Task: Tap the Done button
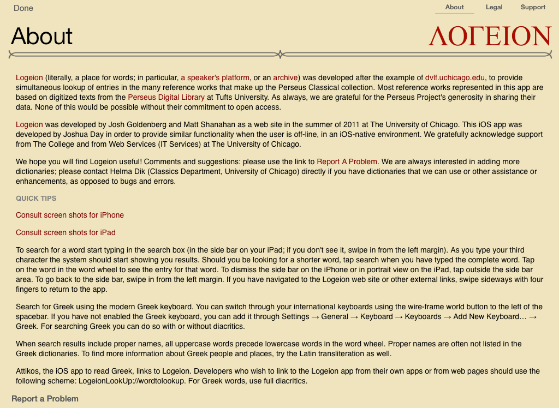click(23, 8)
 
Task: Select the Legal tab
click(494, 7)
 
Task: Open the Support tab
click(533, 7)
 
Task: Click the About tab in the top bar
click(454, 7)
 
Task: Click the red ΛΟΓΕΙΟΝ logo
click(490, 36)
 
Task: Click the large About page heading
click(42, 37)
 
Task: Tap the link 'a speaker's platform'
click(215, 77)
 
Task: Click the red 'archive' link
click(286, 77)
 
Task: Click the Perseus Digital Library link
click(166, 97)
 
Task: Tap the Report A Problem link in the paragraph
click(347, 161)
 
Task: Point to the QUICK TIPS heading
click(36, 198)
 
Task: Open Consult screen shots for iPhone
click(70, 215)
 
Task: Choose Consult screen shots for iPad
click(66, 232)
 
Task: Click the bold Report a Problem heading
click(45, 399)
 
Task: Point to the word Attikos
click(29, 371)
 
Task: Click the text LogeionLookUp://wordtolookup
click(132, 381)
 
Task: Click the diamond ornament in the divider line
click(280, 54)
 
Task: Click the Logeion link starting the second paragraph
click(29, 124)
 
